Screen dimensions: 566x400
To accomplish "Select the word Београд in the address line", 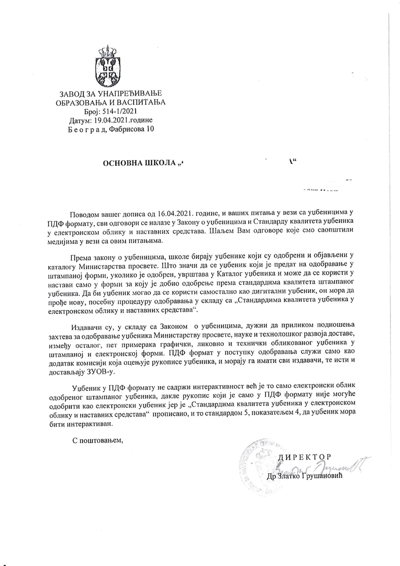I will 85,129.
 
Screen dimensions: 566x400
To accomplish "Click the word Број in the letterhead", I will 93,111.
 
